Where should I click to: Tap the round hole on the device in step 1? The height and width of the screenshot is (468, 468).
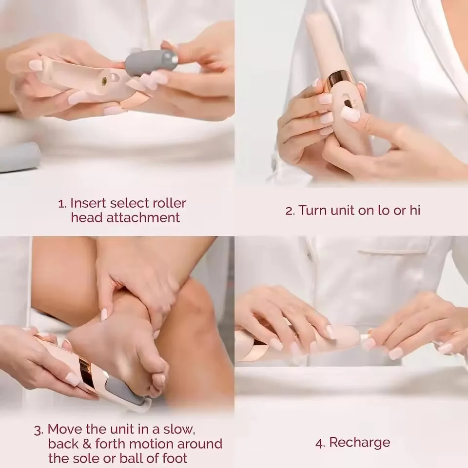[104, 77]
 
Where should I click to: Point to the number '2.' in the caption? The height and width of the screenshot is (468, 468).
[290, 211]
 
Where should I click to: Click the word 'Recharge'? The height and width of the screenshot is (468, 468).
[360, 443]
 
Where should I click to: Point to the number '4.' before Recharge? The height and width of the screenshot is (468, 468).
[320, 443]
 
